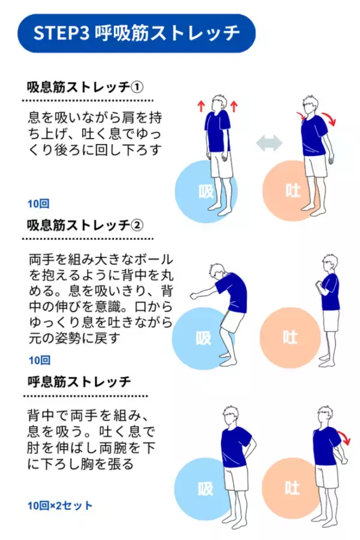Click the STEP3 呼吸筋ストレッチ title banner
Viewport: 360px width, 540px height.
136,34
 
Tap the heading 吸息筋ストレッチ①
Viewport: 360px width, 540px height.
85,87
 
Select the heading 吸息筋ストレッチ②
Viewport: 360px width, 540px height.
85,225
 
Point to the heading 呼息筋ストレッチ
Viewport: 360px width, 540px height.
79,382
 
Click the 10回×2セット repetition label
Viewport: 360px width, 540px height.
60,506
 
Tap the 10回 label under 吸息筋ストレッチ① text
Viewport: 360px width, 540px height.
38,203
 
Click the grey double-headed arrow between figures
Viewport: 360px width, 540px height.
269,143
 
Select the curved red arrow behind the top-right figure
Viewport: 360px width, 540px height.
330,118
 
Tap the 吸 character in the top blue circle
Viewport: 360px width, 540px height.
206,191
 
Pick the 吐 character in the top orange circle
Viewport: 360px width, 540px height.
293,190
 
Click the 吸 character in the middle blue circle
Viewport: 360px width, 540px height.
203,338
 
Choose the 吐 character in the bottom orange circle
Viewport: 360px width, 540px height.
292,488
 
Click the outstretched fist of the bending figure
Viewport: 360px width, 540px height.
194,295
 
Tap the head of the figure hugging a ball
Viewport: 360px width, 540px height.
218,272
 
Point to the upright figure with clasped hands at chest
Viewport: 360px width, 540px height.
328,310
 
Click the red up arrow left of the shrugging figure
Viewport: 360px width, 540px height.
201,106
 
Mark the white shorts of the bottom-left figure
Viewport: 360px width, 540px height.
236,478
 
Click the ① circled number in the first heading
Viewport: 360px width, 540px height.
137,87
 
